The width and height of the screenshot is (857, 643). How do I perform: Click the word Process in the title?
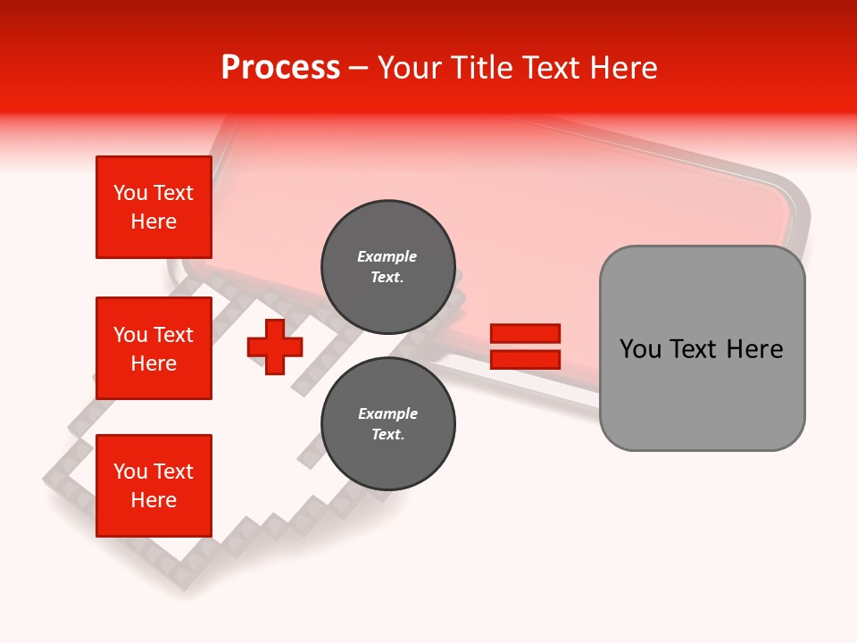[280, 68]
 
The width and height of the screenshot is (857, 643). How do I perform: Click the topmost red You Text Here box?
[154, 207]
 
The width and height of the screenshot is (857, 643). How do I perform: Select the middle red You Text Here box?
[154, 348]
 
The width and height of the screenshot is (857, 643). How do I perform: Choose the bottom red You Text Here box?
[154, 486]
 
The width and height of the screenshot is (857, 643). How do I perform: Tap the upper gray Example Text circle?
[387, 266]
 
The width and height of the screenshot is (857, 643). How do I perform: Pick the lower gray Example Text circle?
[387, 423]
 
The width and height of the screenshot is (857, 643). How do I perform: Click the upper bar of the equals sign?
[525, 334]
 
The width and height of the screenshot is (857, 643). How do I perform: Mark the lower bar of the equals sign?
[525, 360]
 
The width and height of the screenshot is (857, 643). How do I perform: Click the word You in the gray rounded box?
[641, 349]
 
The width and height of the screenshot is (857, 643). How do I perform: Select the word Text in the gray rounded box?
[696, 349]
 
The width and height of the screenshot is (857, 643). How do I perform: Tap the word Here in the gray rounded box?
[755, 349]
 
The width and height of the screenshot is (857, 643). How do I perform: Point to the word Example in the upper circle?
[387, 256]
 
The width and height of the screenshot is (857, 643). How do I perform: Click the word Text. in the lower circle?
[387, 435]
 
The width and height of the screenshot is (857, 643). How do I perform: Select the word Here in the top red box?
[154, 221]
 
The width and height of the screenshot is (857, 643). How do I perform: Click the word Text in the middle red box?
[173, 335]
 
